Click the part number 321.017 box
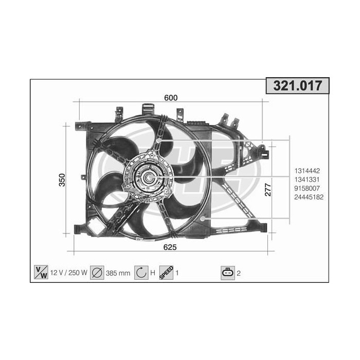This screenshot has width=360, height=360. (298, 86)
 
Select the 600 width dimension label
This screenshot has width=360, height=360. (171, 98)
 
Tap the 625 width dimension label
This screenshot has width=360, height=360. (170, 247)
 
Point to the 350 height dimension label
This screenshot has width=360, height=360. (62, 180)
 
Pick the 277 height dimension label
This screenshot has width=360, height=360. (268, 190)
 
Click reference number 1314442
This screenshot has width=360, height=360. (307, 171)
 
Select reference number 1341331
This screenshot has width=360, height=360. (307, 179)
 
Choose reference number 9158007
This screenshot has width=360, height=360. (307, 188)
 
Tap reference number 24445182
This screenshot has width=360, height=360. (309, 197)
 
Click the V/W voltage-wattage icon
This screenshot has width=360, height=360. (41, 272)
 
